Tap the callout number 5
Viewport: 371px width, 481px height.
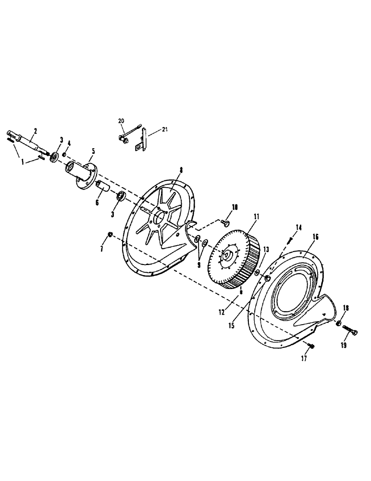(93, 151)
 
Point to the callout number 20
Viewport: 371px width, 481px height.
(120, 121)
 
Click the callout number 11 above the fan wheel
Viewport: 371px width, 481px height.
(256, 217)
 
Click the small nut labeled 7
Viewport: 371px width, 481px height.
(110, 234)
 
